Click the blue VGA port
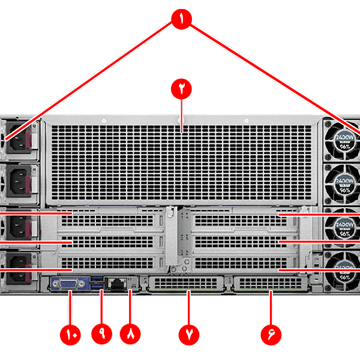coord(70,284)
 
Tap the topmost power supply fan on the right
coord(342,137)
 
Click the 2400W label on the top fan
coord(343,137)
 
